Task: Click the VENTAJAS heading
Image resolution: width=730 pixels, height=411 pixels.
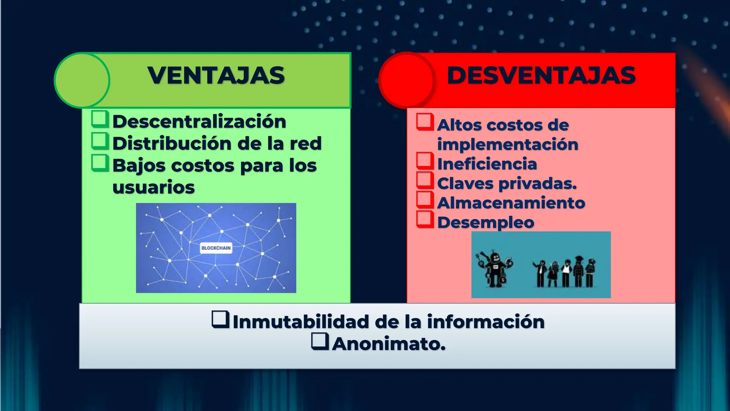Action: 216,76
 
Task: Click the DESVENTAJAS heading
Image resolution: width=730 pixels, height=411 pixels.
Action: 541,76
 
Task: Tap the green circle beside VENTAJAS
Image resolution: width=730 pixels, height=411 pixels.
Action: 82,80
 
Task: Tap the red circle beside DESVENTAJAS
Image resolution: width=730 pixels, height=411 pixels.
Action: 407,80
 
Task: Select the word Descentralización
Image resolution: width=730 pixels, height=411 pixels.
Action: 199,122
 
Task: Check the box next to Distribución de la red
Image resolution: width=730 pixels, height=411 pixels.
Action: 100,141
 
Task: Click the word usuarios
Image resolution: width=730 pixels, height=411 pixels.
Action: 154,187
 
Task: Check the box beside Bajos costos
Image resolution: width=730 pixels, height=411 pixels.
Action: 100,163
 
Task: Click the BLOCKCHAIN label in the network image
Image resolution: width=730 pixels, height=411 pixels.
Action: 216,248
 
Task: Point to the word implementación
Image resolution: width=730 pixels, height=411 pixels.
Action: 508,144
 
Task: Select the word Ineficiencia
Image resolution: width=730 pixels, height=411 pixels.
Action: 487,164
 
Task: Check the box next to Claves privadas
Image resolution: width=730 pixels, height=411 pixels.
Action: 425,181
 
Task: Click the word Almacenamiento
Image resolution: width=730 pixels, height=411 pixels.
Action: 511,203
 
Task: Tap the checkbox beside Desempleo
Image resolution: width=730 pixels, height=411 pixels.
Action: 425,219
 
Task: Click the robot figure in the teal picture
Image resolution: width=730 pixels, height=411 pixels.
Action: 495,269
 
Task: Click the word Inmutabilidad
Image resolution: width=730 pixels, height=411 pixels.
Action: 300,322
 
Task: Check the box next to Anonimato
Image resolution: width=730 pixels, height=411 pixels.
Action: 320,341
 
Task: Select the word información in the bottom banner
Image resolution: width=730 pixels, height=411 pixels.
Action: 485,322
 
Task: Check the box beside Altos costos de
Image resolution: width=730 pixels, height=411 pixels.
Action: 425,122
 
